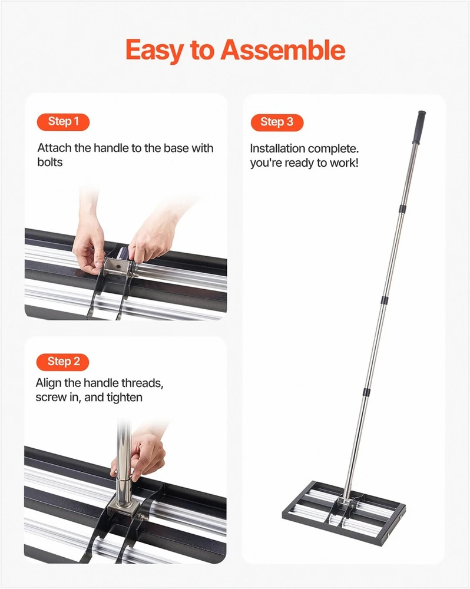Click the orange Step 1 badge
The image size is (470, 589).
point(63,122)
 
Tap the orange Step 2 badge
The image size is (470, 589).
point(63,362)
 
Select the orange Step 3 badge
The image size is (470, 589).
point(277,123)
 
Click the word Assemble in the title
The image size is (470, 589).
point(283,50)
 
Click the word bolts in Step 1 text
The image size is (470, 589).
point(49,163)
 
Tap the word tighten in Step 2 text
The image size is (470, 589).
point(124,398)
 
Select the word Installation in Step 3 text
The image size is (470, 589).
point(277,149)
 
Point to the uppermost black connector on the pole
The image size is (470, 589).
point(402,209)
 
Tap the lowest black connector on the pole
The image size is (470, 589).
point(366,392)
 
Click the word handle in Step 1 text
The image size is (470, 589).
point(111,148)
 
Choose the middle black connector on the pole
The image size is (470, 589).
point(384,300)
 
